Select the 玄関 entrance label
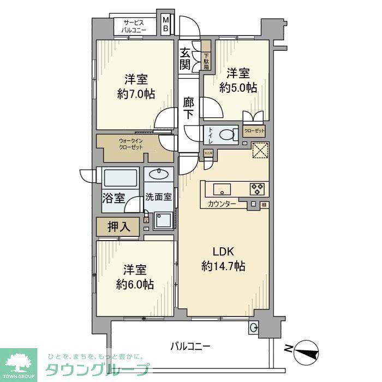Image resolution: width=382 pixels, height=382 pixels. (186, 58)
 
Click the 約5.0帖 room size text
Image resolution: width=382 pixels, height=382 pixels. (238, 87)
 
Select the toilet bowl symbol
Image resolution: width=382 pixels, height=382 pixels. (228, 134)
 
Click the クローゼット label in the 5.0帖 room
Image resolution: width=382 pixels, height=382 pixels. (254, 131)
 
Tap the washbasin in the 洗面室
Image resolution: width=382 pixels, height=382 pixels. (160, 175)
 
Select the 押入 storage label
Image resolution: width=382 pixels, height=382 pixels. (118, 227)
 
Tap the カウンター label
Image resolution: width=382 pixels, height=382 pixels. (222, 204)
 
